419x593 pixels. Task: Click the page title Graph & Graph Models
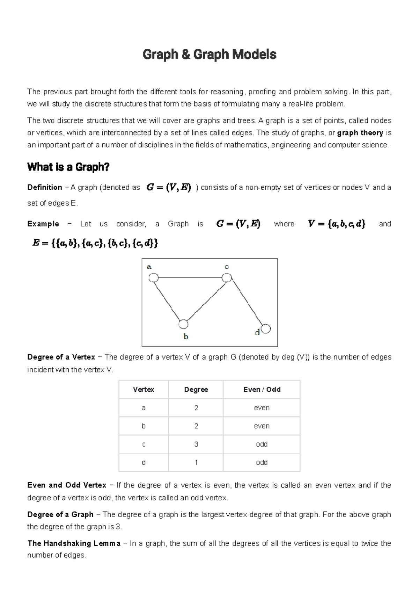(x=209, y=55)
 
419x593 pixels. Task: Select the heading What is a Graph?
(x=68, y=167)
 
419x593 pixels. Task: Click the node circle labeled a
(x=153, y=278)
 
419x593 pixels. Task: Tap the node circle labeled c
(x=227, y=278)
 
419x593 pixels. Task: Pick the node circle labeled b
(x=183, y=324)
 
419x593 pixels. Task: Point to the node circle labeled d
(x=266, y=329)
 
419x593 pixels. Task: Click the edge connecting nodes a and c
(x=190, y=278)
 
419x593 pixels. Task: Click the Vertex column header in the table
(x=144, y=389)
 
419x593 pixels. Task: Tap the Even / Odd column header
(x=262, y=389)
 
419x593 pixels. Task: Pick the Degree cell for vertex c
(x=196, y=444)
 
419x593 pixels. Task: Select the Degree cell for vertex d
(x=196, y=462)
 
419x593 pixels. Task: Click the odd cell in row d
(x=262, y=462)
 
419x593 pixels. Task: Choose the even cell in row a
(x=262, y=408)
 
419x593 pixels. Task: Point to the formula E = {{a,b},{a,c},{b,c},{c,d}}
(x=95, y=243)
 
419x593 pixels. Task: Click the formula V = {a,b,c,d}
(x=337, y=224)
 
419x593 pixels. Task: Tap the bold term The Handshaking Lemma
(x=74, y=543)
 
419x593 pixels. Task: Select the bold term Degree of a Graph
(x=60, y=514)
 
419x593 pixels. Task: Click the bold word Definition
(x=45, y=187)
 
